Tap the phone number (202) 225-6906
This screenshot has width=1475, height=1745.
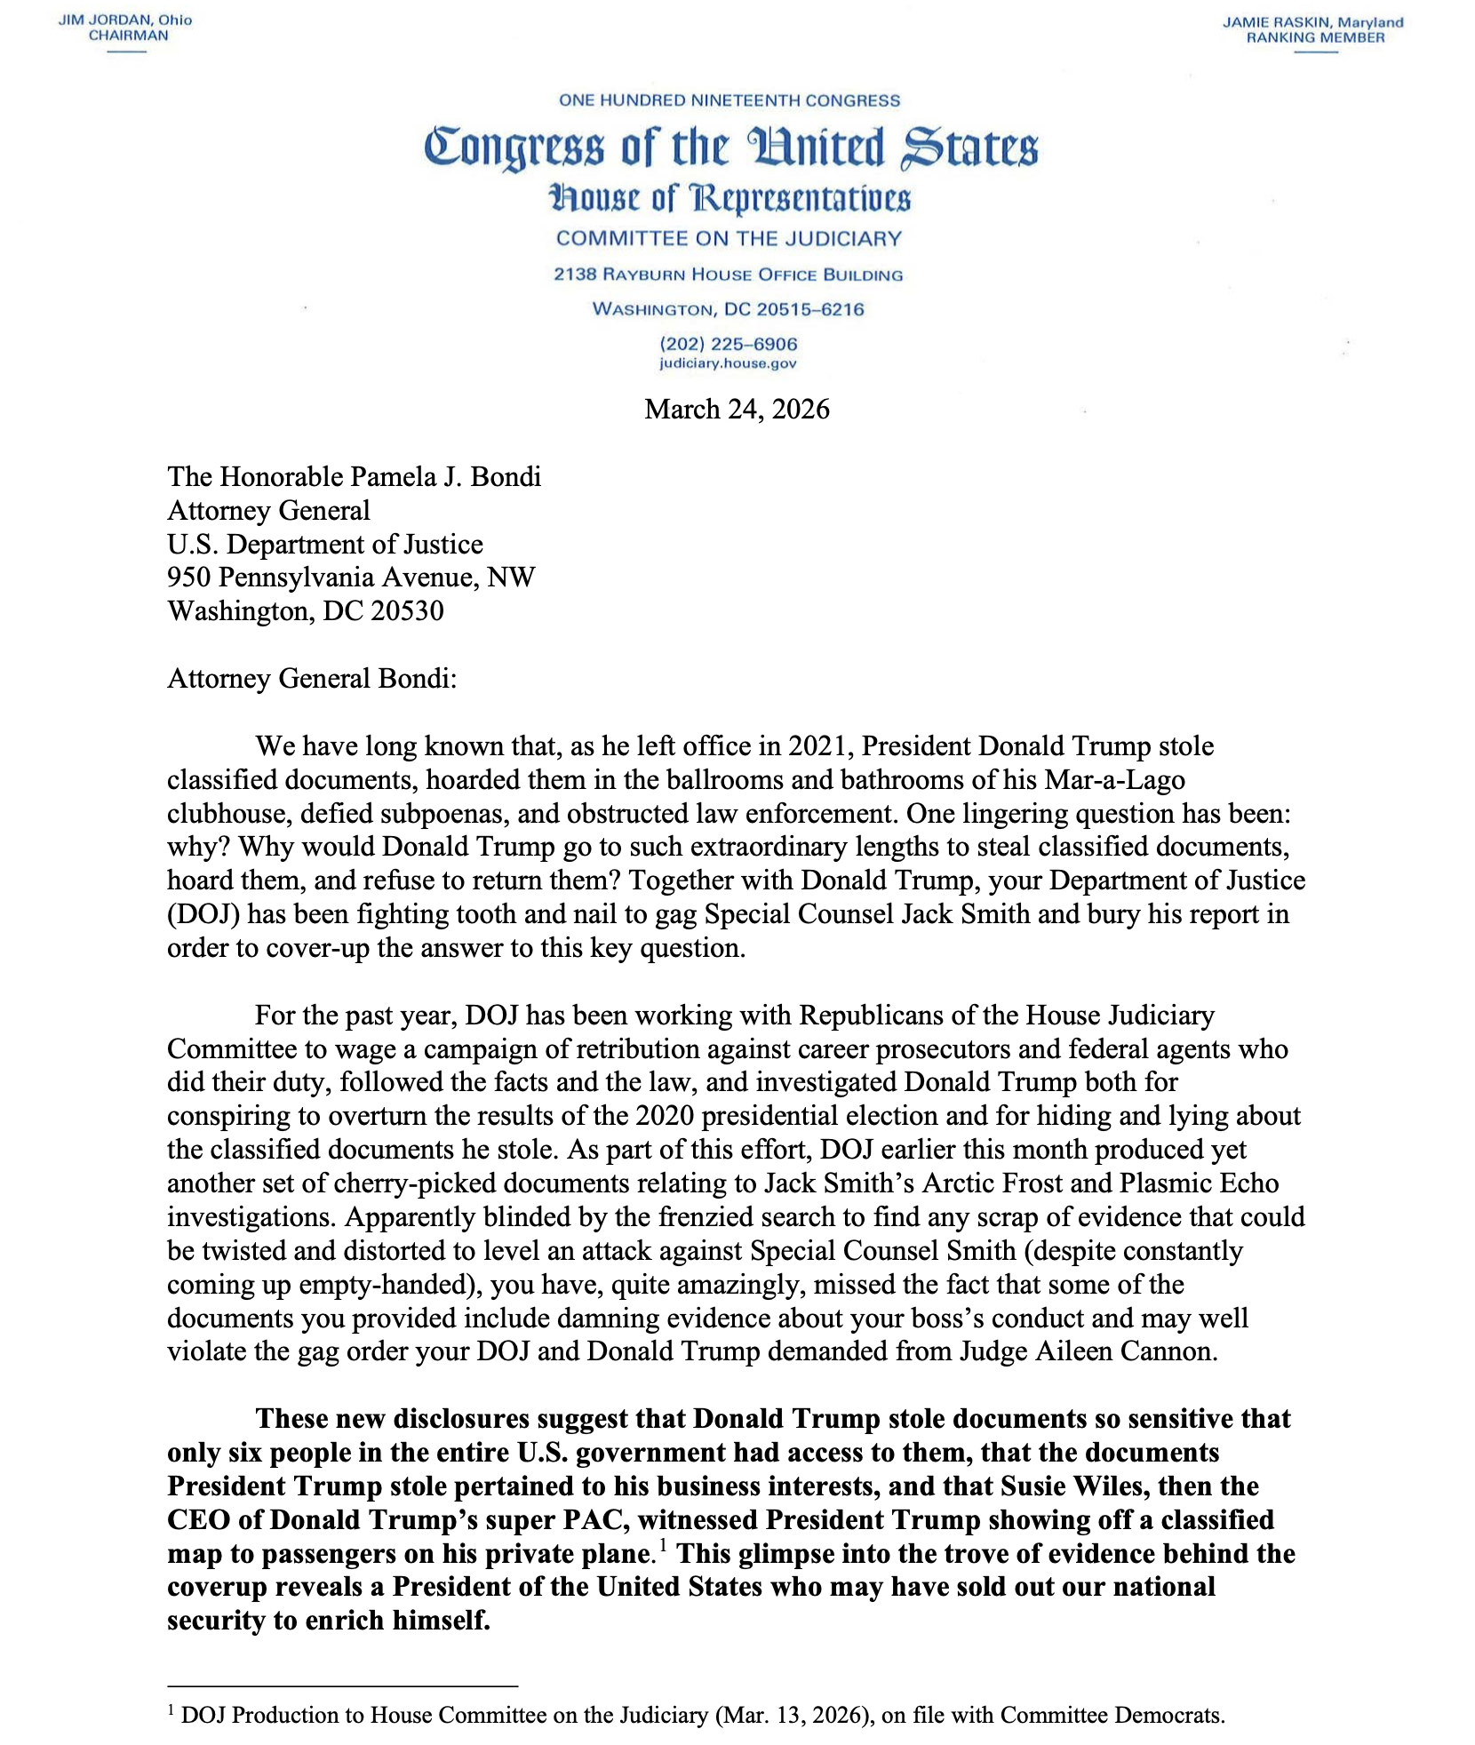pyautogui.click(x=728, y=344)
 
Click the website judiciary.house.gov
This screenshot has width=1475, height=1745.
pyautogui.click(x=728, y=363)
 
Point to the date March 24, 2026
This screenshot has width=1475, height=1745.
pyautogui.click(x=737, y=409)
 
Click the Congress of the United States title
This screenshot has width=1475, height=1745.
pyautogui.click(x=730, y=148)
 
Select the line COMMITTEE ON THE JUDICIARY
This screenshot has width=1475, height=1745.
pyautogui.click(x=729, y=238)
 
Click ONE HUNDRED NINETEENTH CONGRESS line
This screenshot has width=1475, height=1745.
pyautogui.click(x=730, y=100)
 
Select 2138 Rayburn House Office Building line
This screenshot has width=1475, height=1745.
pyautogui.click(x=728, y=275)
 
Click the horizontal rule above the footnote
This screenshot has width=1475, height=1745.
pyautogui.click(x=342, y=1685)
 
